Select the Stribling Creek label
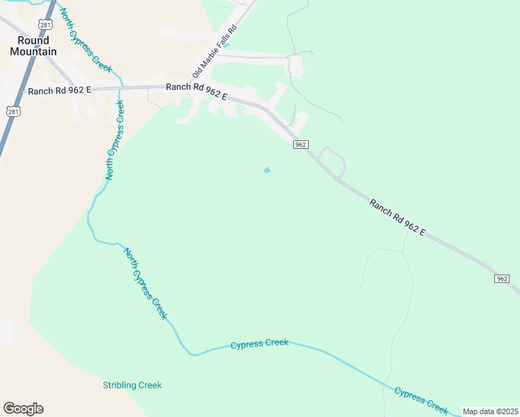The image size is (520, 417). (132, 385)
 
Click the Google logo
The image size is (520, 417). (23, 409)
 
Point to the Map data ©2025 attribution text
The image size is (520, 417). (491, 411)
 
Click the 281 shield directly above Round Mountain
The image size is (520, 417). (45, 24)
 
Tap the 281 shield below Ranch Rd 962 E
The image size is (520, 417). (13, 111)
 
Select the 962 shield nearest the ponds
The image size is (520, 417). (300, 144)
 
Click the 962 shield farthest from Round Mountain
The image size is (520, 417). (503, 278)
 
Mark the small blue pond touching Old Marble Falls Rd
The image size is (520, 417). (227, 46)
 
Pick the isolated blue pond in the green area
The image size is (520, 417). (267, 170)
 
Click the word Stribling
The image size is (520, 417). (120, 385)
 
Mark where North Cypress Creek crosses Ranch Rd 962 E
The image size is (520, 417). (120, 88)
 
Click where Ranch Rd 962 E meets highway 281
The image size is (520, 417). (21, 92)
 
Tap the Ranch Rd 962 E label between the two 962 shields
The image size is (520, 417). (397, 217)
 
